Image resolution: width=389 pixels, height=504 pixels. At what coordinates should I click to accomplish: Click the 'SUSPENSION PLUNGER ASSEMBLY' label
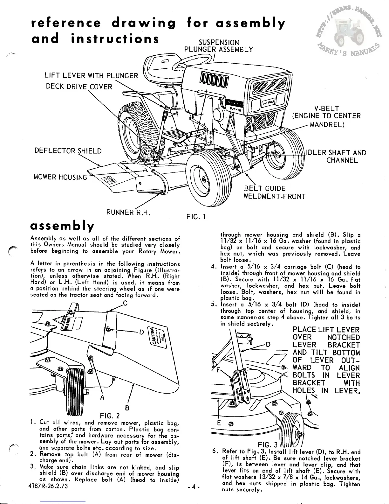[x=219, y=46]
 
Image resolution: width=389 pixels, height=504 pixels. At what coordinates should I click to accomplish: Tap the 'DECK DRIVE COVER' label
[x=79, y=87]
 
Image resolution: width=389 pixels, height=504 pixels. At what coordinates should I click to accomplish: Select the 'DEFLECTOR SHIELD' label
[x=68, y=151]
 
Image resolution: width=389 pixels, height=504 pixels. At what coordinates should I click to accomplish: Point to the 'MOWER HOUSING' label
[x=60, y=177]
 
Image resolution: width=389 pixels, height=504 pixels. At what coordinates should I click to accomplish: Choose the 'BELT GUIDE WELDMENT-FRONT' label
[x=274, y=192]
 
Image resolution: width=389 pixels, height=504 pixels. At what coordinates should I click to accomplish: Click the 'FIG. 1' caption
[x=195, y=217]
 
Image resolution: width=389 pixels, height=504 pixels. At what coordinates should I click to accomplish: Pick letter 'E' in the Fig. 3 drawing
[x=219, y=423]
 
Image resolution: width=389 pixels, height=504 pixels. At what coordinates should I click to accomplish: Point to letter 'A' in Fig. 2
[x=102, y=397]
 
